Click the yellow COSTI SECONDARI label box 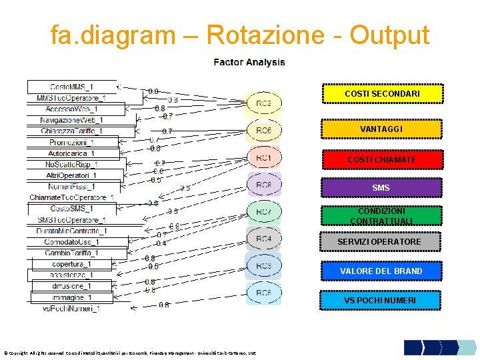[382, 94]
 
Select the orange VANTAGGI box [382, 128]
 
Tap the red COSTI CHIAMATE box [382, 159]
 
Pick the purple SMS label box [381, 187]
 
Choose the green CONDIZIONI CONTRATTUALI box [381, 215]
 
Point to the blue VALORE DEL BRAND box [381, 271]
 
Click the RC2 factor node [264, 103]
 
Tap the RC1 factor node [264, 157]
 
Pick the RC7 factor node [264, 211]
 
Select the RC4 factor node [264, 239]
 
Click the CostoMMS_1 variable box [72, 87]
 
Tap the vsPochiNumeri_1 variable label [71, 309]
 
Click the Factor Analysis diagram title [249, 62]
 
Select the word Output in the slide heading [385, 35]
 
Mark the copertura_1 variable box [73, 264]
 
